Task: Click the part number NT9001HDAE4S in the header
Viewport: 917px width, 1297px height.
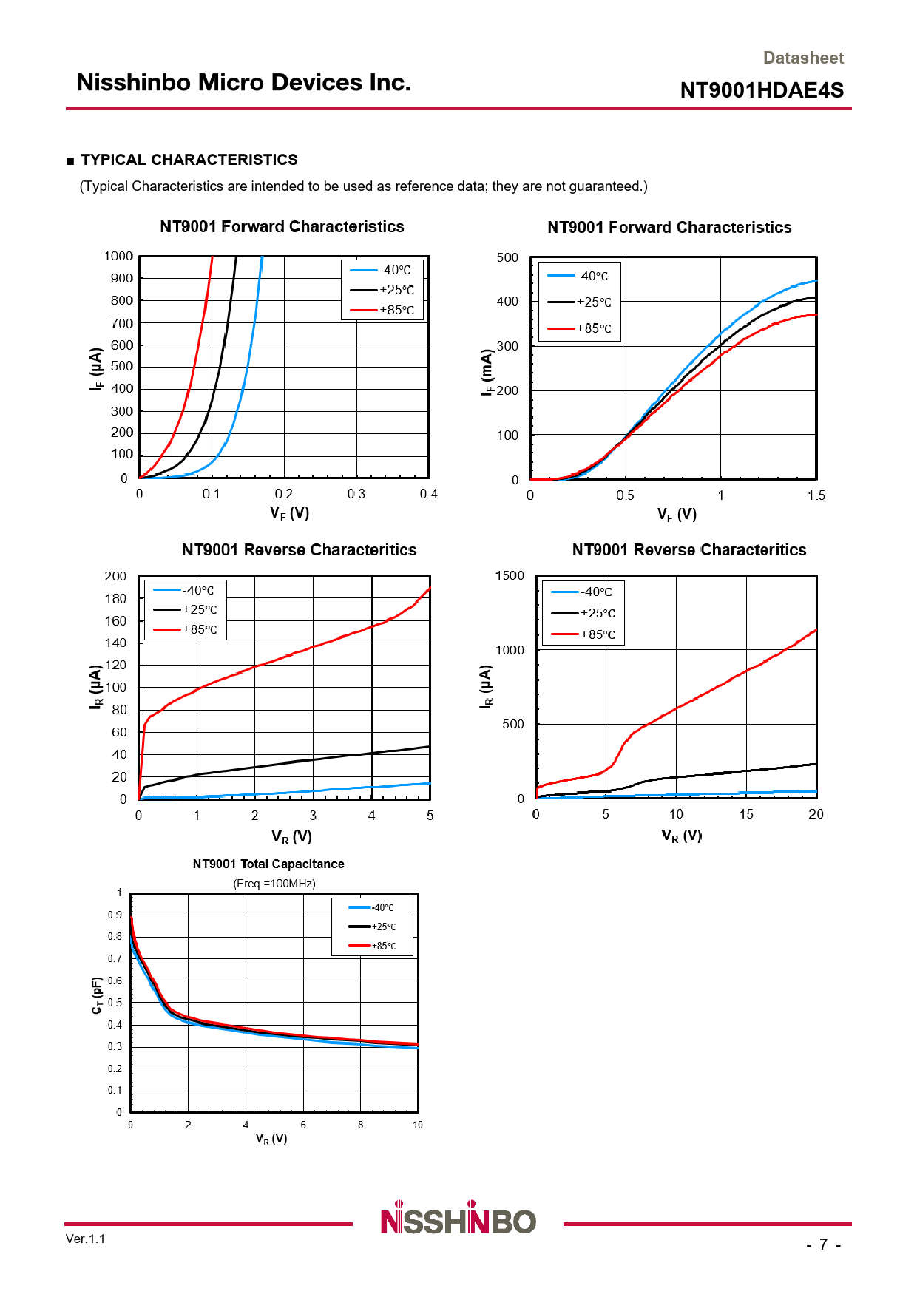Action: coord(761,90)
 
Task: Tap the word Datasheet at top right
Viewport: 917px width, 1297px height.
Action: coord(802,58)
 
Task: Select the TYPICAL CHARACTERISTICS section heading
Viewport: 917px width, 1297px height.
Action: coord(189,160)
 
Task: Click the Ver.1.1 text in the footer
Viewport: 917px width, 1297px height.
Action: coord(85,1239)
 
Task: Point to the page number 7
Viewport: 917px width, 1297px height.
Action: coord(823,1244)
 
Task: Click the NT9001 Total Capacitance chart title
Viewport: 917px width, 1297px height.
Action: coord(268,864)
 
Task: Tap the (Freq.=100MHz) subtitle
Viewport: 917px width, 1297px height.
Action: coord(274,884)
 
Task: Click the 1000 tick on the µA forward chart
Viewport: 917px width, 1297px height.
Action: coord(118,256)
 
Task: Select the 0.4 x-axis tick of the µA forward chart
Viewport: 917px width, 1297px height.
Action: coord(428,494)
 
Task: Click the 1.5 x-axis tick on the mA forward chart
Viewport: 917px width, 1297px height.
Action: coord(816,495)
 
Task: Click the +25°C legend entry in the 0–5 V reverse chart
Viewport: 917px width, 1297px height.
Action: coord(185,609)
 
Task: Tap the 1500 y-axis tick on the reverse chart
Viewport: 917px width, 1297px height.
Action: coord(510,575)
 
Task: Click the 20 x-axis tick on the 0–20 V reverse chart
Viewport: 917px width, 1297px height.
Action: coord(815,813)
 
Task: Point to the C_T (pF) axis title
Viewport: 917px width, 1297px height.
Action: coord(97,996)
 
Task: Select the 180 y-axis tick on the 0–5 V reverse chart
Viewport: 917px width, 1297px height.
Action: coord(115,598)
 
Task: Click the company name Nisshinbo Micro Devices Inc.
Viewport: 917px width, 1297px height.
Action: coord(243,82)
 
